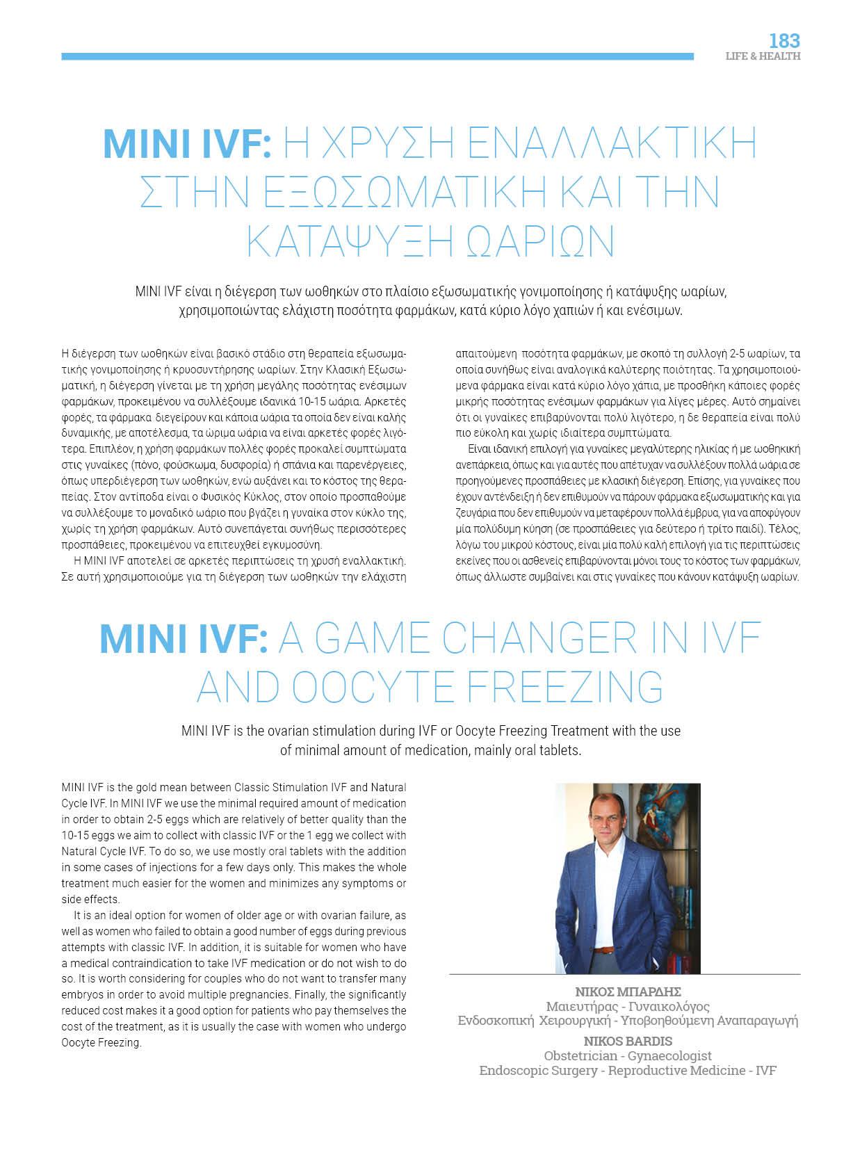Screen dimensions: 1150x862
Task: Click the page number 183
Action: coord(784,40)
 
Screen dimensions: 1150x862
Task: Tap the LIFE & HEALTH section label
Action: coord(763,56)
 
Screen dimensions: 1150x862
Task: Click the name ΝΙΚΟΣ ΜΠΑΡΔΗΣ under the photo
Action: coord(628,991)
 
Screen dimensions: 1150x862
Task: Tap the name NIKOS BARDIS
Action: coord(628,1041)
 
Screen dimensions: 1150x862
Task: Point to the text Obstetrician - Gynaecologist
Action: coord(628,1055)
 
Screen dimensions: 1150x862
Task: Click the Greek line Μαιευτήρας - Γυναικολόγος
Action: coord(628,1006)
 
